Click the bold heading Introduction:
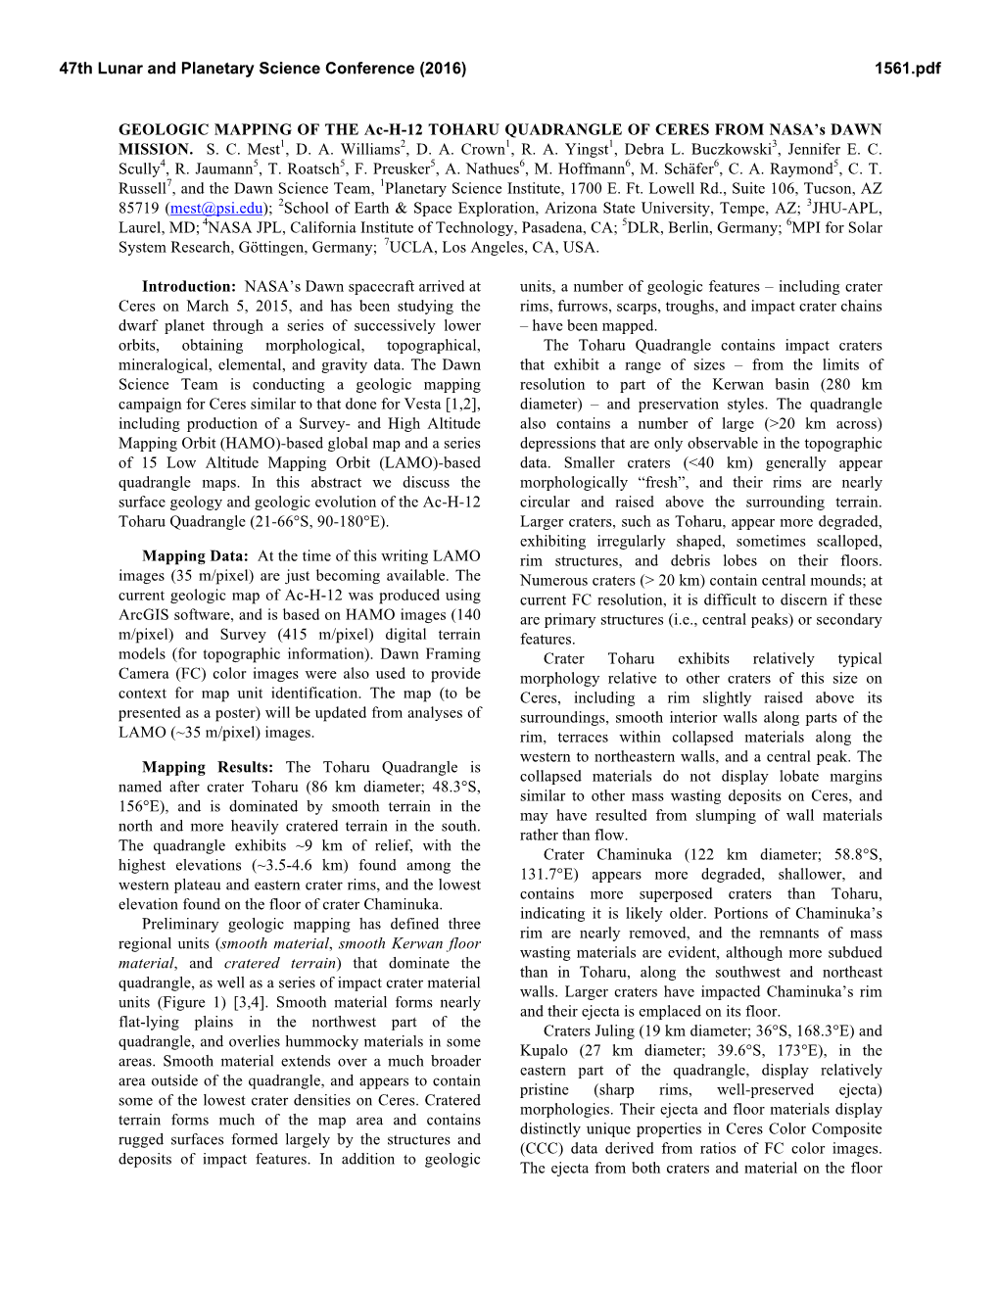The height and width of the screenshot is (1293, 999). (x=188, y=286)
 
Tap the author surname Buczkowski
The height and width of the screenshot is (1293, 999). (x=723, y=149)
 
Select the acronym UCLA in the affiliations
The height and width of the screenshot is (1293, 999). (x=411, y=247)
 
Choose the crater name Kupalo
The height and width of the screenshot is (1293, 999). (x=546, y=1050)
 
